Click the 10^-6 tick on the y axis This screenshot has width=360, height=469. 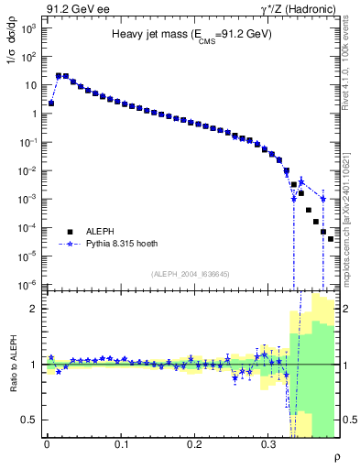point(27,285)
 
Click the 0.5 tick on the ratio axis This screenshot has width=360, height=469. point(30,420)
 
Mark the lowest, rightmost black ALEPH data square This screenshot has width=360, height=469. point(331,239)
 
